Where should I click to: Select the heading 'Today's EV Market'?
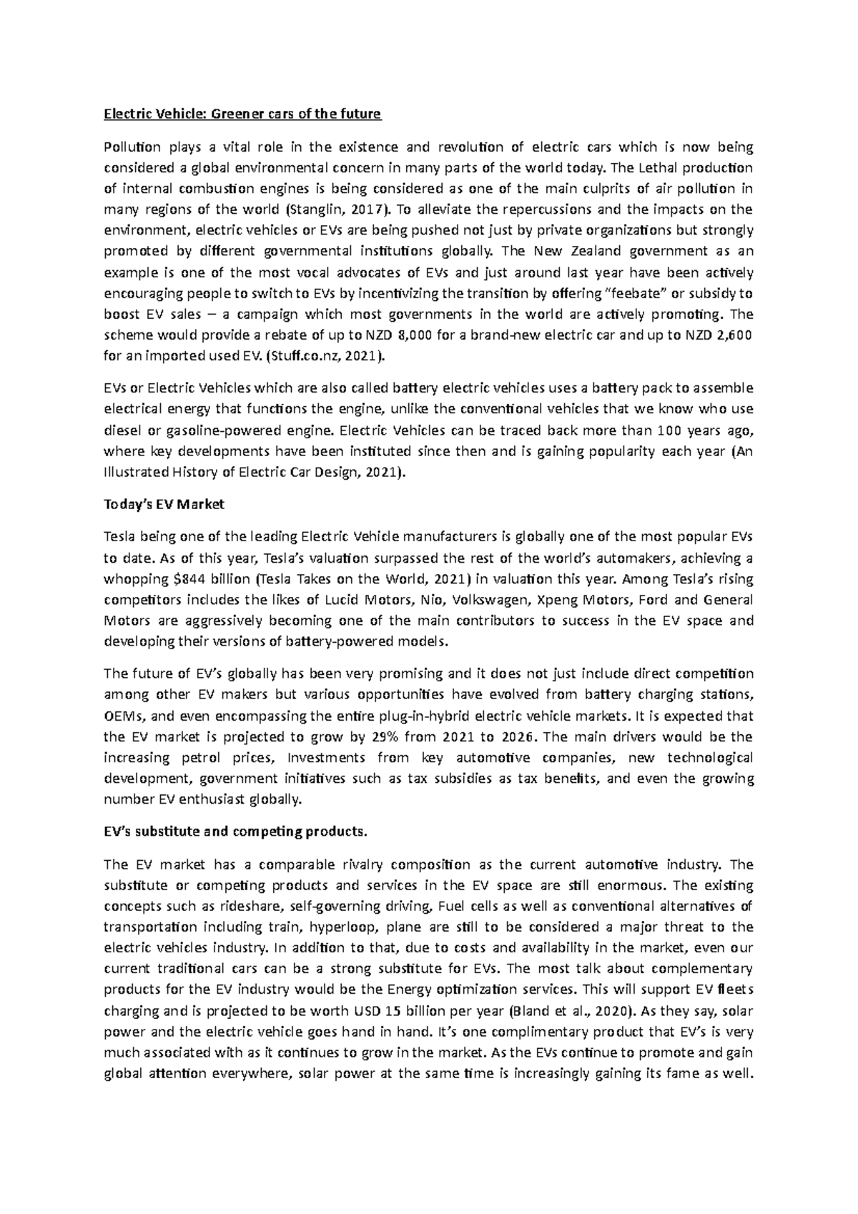[x=164, y=504]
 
